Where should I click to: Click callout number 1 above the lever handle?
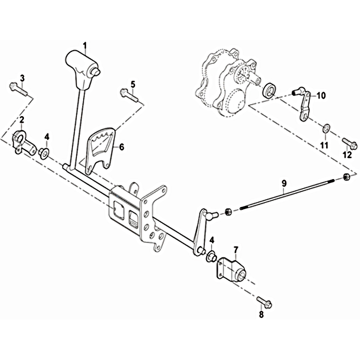[x=85, y=46]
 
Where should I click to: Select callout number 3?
[x=22, y=78]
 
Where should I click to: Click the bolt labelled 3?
[x=18, y=90]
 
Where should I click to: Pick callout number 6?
[x=121, y=147]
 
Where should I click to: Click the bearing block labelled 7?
[x=231, y=269]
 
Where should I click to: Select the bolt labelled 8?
[x=264, y=302]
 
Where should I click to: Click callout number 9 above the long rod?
[x=284, y=184]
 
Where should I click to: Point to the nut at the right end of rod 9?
[x=346, y=177]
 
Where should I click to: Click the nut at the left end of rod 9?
[x=228, y=211]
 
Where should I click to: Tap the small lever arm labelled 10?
[x=301, y=103]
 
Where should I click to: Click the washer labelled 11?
[x=326, y=128]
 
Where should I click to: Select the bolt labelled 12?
[x=350, y=143]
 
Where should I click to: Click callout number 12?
[x=347, y=155]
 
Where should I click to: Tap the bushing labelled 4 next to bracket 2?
[x=43, y=153]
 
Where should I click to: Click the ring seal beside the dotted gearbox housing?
[x=270, y=91]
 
